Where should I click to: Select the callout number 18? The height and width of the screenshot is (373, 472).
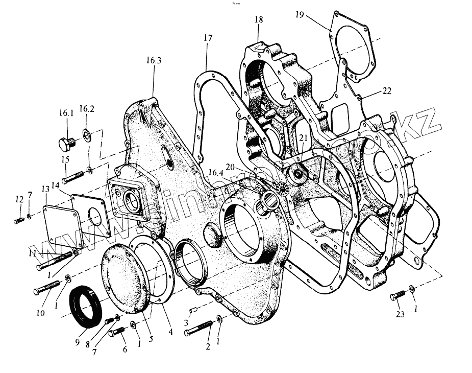pyautogui.click(x=259, y=20)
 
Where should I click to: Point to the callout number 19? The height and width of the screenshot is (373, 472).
pyautogui.click(x=300, y=15)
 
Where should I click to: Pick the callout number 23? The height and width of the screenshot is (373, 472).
pyautogui.click(x=400, y=314)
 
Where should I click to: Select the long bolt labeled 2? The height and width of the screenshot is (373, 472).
pyautogui.click(x=201, y=327)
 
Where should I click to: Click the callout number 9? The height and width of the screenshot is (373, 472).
pyautogui.click(x=78, y=343)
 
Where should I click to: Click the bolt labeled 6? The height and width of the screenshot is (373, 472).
pyautogui.click(x=117, y=331)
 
